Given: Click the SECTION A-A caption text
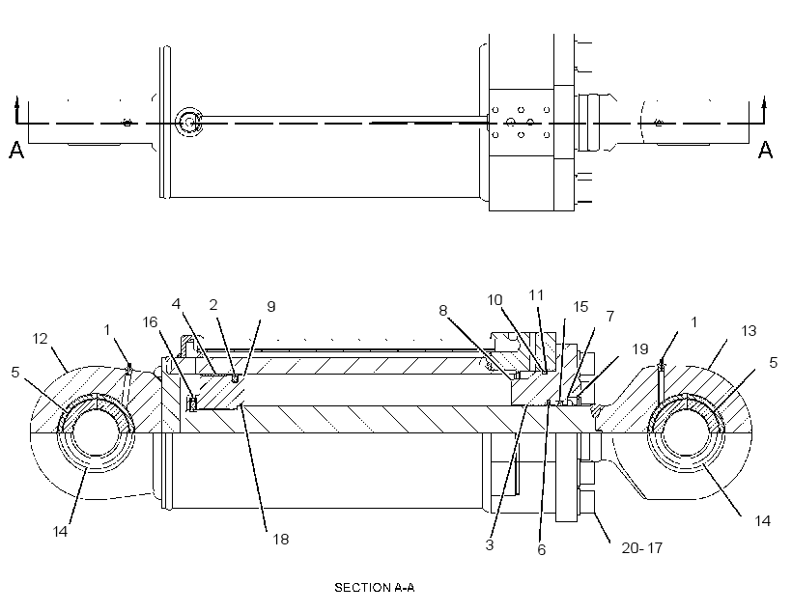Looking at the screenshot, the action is (x=375, y=587).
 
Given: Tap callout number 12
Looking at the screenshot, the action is (x=40, y=338).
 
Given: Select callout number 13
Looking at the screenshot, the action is (x=749, y=331).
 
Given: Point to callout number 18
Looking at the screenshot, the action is (x=281, y=540).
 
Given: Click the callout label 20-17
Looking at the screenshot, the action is (x=641, y=548).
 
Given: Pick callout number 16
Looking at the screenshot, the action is (x=150, y=321).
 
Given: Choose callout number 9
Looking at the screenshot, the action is (x=271, y=307).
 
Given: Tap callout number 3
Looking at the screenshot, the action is (x=490, y=544).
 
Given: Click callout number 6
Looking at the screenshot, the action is (x=542, y=550).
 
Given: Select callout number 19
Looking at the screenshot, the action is (x=640, y=348).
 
